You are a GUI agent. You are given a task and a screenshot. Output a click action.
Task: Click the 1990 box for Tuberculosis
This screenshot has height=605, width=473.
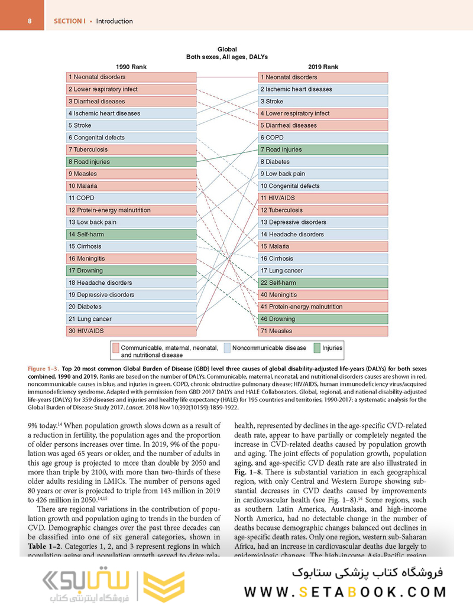(131, 149)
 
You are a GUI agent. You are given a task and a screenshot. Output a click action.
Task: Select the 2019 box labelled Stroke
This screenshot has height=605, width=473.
(323, 101)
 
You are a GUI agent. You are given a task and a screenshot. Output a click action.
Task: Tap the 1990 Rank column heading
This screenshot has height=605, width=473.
(131, 67)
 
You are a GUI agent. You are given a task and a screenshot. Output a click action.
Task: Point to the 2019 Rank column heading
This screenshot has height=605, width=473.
(323, 67)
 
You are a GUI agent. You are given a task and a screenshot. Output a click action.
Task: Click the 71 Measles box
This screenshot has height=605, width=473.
(323, 331)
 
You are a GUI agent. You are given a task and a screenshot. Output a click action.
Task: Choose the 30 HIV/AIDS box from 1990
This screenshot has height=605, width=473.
(131, 331)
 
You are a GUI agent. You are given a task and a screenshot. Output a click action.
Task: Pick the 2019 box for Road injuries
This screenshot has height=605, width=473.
(323, 149)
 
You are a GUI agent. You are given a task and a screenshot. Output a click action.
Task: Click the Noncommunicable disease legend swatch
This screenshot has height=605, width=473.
(227, 348)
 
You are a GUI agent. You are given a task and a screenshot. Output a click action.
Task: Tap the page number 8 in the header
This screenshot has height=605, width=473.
(21, 21)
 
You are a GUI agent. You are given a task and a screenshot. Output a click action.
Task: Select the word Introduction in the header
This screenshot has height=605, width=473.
(114, 21)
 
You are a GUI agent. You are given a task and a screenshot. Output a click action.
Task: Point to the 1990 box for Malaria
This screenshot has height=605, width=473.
(131, 186)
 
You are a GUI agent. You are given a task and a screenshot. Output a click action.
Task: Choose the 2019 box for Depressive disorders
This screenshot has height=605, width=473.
(323, 222)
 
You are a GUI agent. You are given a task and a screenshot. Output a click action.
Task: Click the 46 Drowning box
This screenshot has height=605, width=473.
(323, 319)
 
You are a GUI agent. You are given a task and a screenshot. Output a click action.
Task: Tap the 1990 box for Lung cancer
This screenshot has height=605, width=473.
(131, 319)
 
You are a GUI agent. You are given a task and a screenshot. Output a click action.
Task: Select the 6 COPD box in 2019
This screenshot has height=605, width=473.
(323, 138)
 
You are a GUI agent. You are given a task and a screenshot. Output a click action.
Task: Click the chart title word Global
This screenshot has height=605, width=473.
(227, 50)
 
